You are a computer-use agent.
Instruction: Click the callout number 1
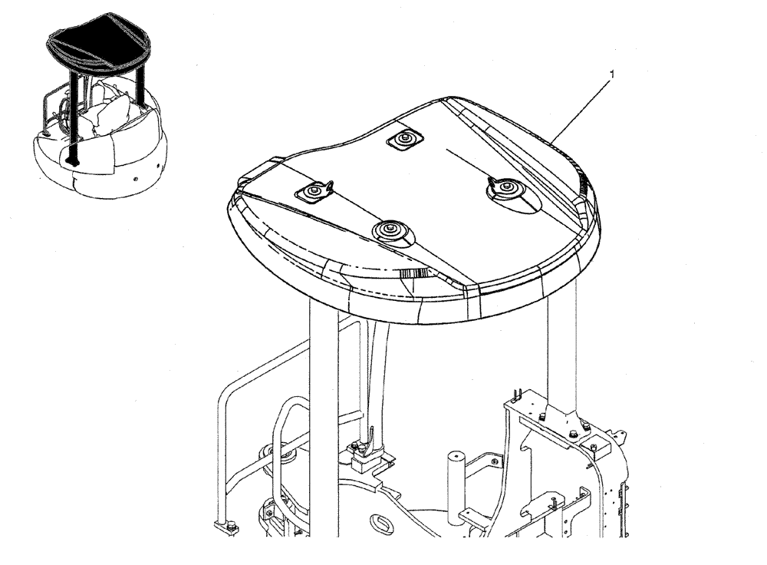611,74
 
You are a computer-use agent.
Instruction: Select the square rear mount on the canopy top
404,139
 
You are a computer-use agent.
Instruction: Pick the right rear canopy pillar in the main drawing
562,345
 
